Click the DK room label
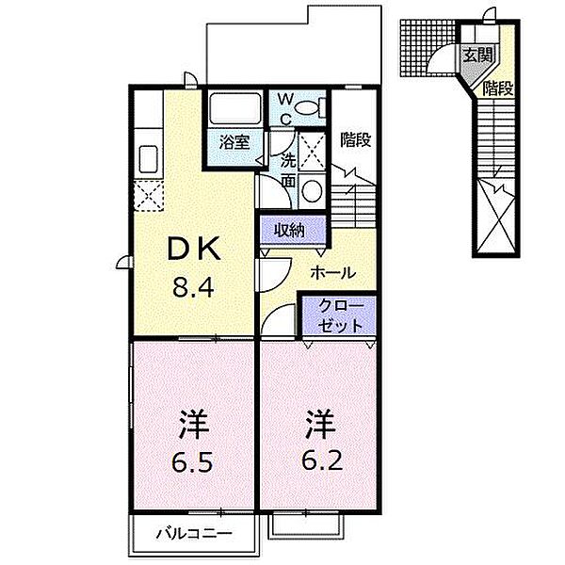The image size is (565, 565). pyautogui.click(x=194, y=248)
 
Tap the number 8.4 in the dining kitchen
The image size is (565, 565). pyautogui.click(x=193, y=287)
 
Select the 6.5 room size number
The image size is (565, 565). pyautogui.click(x=193, y=462)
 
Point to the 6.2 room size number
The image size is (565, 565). pyautogui.click(x=322, y=460)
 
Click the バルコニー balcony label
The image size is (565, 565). pyautogui.click(x=193, y=533)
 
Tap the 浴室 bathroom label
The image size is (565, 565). pyautogui.click(x=234, y=142)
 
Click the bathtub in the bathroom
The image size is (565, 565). pyautogui.click(x=235, y=109)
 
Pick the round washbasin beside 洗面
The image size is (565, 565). pyautogui.click(x=312, y=190)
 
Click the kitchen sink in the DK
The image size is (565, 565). pyautogui.click(x=149, y=159)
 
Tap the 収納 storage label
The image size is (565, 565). pyautogui.click(x=289, y=230)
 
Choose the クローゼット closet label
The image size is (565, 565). pyautogui.click(x=340, y=316)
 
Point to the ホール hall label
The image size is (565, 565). pyautogui.click(x=333, y=273)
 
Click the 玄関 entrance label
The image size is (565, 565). pyautogui.click(x=477, y=55)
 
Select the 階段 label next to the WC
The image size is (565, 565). pyautogui.click(x=356, y=139)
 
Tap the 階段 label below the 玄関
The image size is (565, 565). pyautogui.click(x=498, y=89)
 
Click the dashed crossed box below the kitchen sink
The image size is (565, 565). pyautogui.click(x=148, y=196)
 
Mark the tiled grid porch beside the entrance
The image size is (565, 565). pyautogui.click(x=428, y=48)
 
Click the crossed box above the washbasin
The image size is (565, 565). pyautogui.click(x=313, y=152)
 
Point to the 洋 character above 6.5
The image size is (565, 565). pyautogui.click(x=193, y=424)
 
